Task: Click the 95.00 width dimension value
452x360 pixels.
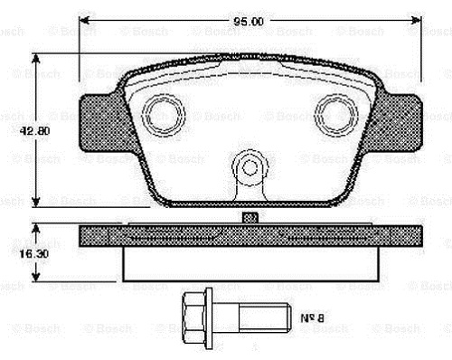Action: click(x=249, y=22)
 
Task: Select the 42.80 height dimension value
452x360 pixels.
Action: click(x=34, y=131)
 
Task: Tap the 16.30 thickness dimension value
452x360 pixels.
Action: click(x=34, y=254)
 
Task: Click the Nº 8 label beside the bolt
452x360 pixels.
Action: click(x=312, y=317)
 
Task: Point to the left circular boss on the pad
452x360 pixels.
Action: click(x=163, y=115)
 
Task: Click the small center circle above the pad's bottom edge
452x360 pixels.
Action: click(x=250, y=167)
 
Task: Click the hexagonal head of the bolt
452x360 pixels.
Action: click(x=194, y=320)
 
